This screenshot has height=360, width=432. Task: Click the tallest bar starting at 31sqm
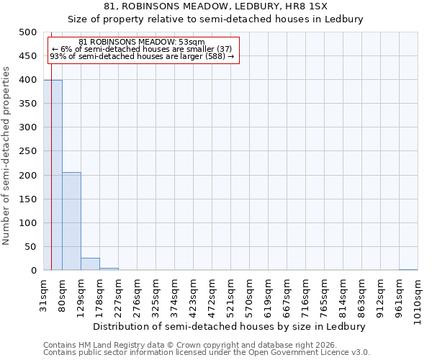pyautogui.click(x=53, y=175)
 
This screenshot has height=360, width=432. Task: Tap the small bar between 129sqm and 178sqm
pyautogui.click(x=90, y=264)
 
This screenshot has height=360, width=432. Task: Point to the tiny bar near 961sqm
pyautogui.click(x=408, y=269)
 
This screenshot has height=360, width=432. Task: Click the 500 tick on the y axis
pyautogui.click(x=28, y=32)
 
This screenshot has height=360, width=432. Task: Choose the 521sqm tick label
pyautogui.click(x=231, y=295)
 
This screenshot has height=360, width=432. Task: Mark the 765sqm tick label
pyautogui.click(x=324, y=295)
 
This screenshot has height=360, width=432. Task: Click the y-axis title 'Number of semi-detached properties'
pyautogui.click(x=7, y=156)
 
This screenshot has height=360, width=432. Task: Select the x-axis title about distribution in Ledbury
pyautogui.click(x=230, y=326)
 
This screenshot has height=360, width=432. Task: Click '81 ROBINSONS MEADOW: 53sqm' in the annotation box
pyautogui.click(x=142, y=42)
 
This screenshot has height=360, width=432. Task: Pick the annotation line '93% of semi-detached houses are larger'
pyautogui.click(x=142, y=56)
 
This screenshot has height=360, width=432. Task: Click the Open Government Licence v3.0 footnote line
pyautogui.click(x=207, y=353)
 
